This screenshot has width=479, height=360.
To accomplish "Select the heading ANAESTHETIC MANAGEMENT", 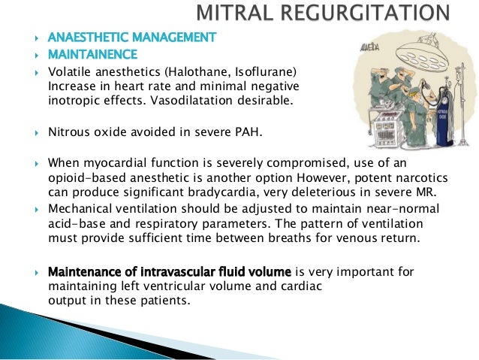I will [131, 37].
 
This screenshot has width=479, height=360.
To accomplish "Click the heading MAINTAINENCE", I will [92, 55].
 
